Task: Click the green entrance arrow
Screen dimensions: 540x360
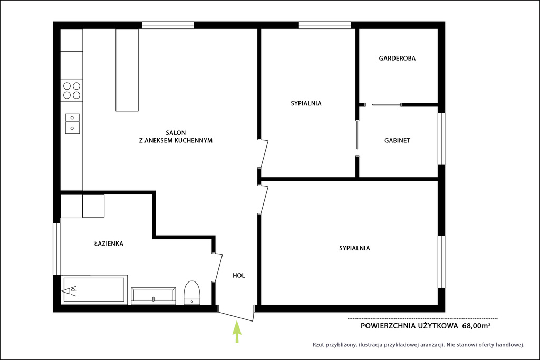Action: (237, 332)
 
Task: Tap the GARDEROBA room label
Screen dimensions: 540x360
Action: (397, 59)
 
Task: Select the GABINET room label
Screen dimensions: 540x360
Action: (397, 140)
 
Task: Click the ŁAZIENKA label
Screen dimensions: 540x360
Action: (109, 244)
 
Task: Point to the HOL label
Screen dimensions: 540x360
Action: (239, 275)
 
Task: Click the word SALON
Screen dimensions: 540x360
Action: (176, 133)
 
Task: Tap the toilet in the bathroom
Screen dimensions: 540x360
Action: (192, 293)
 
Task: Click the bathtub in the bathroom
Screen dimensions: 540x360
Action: (94, 289)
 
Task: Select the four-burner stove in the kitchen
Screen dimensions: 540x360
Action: (72, 91)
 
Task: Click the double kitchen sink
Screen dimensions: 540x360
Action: (72, 123)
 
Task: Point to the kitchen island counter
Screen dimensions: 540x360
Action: (127, 70)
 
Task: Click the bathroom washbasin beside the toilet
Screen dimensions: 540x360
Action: (153, 296)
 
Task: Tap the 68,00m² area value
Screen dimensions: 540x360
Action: (476, 326)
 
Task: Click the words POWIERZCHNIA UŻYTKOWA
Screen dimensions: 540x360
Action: (409, 326)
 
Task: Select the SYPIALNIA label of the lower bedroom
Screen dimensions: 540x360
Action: (354, 248)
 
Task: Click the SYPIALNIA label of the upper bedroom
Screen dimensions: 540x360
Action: (306, 103)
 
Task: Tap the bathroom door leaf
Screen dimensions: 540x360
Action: (218, 267)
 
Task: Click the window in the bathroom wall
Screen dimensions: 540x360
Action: (56, 248)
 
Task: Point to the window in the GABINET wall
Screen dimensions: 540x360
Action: (441, 139)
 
